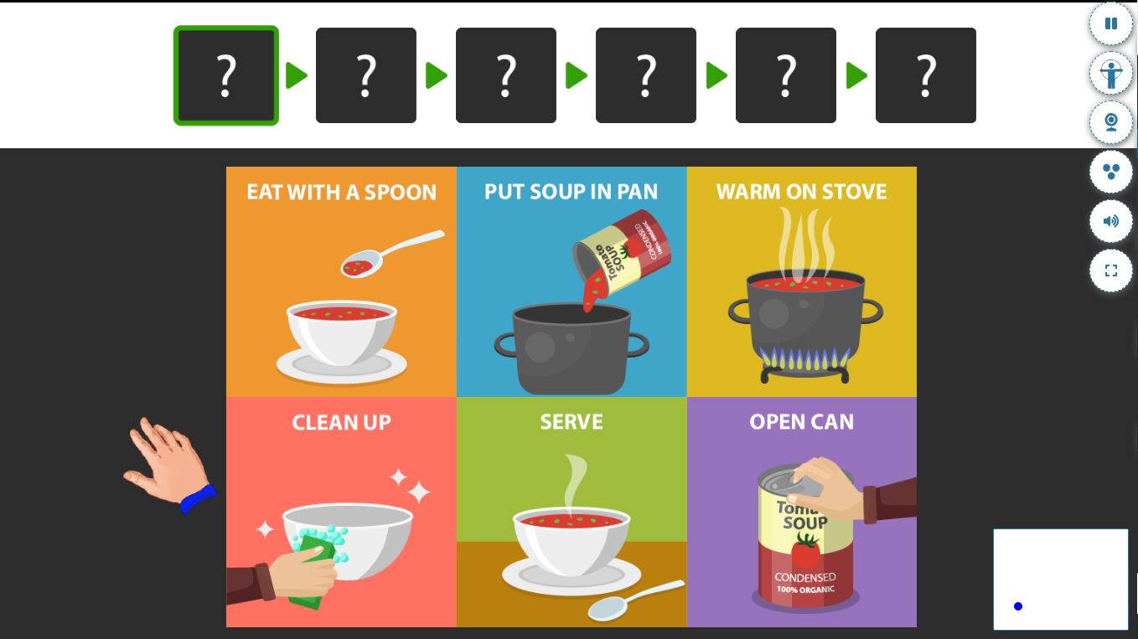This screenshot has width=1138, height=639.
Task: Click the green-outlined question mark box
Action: (x=226, y=75)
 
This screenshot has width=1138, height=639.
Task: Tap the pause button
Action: (x=1111, y=23)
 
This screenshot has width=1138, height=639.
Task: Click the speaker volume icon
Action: (x=1111, y=221)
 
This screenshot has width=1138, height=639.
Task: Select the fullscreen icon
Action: (x=1111, y=271)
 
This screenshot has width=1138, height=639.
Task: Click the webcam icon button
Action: (x=1111, y=122)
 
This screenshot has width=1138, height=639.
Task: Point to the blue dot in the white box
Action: (x=1017, y=606)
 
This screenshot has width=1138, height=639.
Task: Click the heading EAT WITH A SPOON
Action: (x=341, y=193)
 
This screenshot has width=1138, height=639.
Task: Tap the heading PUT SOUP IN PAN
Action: (x=571, y=192)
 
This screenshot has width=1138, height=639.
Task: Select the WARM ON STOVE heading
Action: (x=802, y=192)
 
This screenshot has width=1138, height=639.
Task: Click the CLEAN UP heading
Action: (x=341, y=422)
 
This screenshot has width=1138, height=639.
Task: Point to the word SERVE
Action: (x=572, y=422)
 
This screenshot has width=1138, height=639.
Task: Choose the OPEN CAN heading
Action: (x=802, y=422)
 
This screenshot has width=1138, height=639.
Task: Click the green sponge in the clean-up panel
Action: (x=313, y=569)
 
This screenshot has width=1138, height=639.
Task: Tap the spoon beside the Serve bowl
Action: (x=635, y=600)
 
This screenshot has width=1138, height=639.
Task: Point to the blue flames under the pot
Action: (x=804, y=358)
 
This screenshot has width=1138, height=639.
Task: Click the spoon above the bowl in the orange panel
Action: (x=391, y=254)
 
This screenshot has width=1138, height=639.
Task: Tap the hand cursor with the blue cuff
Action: (x=168, y=465)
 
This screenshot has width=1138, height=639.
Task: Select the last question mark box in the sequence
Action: (x=926, y=75)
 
